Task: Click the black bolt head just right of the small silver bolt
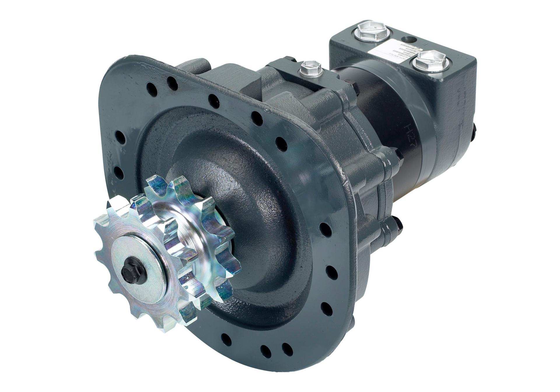(354, 87)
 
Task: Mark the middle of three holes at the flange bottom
(265, 349)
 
